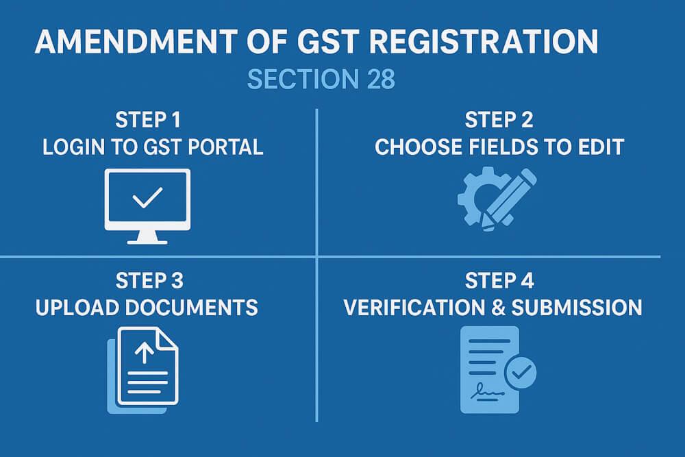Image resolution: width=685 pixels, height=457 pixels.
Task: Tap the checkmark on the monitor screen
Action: coord(147,199)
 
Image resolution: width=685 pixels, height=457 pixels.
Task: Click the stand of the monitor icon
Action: coord(147,236)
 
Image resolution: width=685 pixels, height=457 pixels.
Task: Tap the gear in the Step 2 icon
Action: coord(475,197)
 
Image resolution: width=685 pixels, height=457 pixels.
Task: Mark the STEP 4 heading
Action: coord(499,281)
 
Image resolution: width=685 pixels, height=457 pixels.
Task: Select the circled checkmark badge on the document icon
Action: coord(520,373)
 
